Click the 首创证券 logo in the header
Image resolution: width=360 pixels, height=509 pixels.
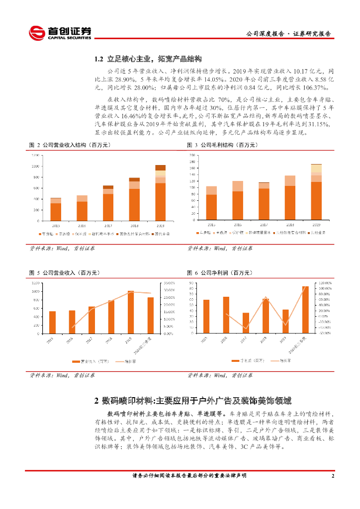click(x=60, y=33)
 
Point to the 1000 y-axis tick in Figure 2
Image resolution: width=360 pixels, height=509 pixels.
click(x=35, y=166)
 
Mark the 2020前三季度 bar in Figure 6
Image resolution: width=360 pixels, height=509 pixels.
click(x=305, y=309)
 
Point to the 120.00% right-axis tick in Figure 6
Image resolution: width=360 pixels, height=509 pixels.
click(x=325, y=283)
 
